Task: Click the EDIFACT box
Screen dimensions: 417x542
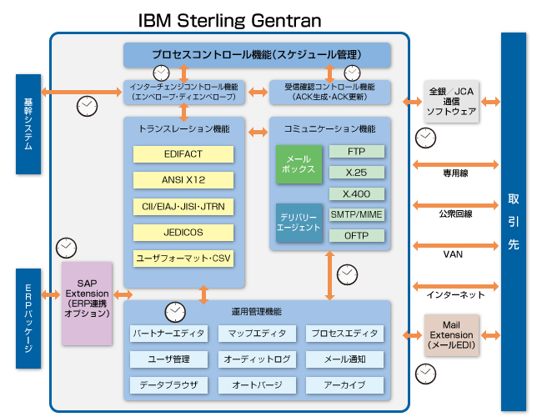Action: (x=184, y=154)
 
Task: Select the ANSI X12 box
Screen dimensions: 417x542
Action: (x=184, y=180)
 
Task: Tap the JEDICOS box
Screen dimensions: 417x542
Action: (x=184, y=232)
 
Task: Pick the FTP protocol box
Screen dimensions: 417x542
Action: (x=356, y=152)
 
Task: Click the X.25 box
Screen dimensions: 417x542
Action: (x=356, y=173)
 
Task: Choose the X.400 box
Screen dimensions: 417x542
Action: (x=356, y=193)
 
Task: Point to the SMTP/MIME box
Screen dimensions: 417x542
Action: (x=356, y=214)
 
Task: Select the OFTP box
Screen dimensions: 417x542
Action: (x=356, y=235)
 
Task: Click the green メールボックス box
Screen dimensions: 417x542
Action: (x=299, y=163)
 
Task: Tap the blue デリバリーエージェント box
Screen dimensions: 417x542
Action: (x=299, y=223)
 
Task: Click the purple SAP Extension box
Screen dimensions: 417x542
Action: (x=87, y=303)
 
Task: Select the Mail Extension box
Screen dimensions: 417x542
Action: (x=451, y=334)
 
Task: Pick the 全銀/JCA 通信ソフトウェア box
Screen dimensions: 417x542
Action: (x=451, y=101)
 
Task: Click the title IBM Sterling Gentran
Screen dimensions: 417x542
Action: (x=229, y=18)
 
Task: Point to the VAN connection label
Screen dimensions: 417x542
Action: (x=453, y=254)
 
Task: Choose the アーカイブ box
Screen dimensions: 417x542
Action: (x=344, y=385)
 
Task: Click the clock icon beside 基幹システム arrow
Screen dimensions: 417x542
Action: (x=86, y=106)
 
